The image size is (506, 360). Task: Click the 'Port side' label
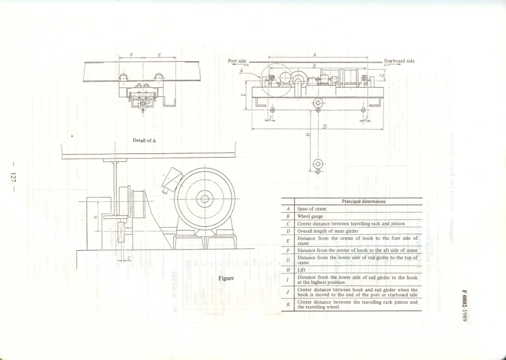click(x=237, y=61)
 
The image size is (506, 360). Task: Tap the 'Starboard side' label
click(x=399, y=61)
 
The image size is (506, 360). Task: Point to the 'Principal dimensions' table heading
click(x=364, y=201)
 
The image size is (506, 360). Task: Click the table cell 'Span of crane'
click(x=312, y=209)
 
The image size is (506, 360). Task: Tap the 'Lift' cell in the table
click(x=301, y=270)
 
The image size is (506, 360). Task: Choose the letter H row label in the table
click(x=288, y=270)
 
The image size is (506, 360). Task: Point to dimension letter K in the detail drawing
click(x=94, y=217)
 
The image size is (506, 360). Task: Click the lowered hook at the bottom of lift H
click(x=318, y=166)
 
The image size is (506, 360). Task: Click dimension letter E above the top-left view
click(x=159, y=55)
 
